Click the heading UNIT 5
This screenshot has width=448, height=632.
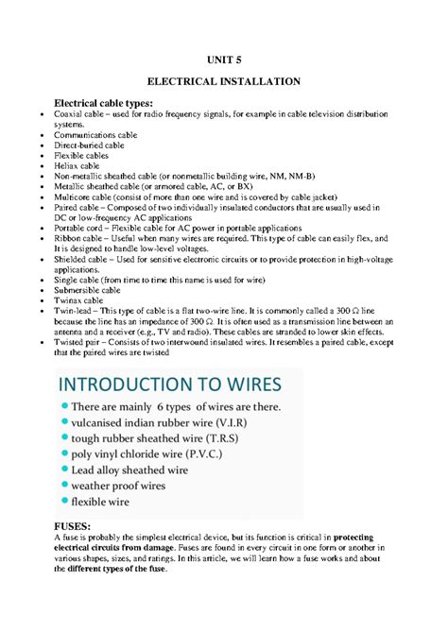click(x=224, y=59)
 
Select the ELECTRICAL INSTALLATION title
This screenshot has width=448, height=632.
click(x=224, y=82)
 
